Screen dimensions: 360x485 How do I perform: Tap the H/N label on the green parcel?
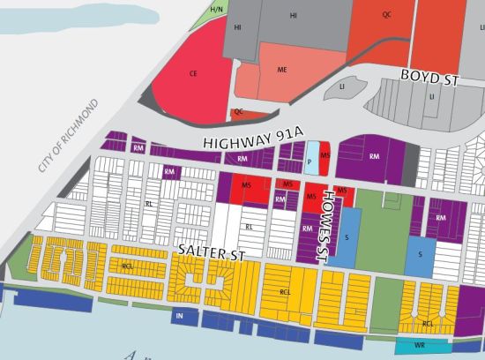(216, 9)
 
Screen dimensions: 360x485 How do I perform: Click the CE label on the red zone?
(192, 75)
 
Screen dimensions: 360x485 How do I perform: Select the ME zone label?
(282, 70)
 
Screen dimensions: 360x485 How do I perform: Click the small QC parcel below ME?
(238, 112)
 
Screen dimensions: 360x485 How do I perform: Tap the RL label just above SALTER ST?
(249, 226)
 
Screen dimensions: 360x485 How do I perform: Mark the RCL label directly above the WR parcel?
(428, 323)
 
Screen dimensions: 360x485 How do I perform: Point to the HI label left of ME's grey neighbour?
(237, 28)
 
